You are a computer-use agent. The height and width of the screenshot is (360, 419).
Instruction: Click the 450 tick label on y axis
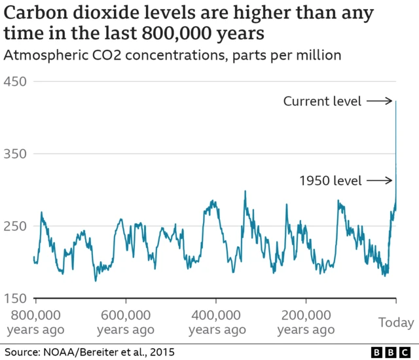coord(16,82)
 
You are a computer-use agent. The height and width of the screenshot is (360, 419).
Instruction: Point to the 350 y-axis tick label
coord(16,154)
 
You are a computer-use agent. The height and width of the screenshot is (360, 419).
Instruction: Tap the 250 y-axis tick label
coord(16,226)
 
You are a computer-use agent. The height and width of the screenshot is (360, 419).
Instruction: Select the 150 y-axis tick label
coord(16,298)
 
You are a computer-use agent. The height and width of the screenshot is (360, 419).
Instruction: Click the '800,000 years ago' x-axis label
coord(35,321)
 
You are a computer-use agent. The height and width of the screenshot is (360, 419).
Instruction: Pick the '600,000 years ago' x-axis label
coord(125,321)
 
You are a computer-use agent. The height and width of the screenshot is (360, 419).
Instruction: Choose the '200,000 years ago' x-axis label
coord(306,321)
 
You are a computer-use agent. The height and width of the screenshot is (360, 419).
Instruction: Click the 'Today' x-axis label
coord(396,322)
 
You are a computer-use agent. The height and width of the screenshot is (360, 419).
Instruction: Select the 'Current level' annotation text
coord(322,101)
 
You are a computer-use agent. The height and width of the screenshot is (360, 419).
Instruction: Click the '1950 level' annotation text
coord(330,181)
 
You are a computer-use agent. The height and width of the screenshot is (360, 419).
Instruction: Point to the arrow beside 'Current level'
coord(380,101)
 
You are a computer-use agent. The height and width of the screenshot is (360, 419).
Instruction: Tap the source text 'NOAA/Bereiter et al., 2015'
coord(109,352)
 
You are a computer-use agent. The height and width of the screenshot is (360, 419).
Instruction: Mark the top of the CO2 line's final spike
coord(396,101)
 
